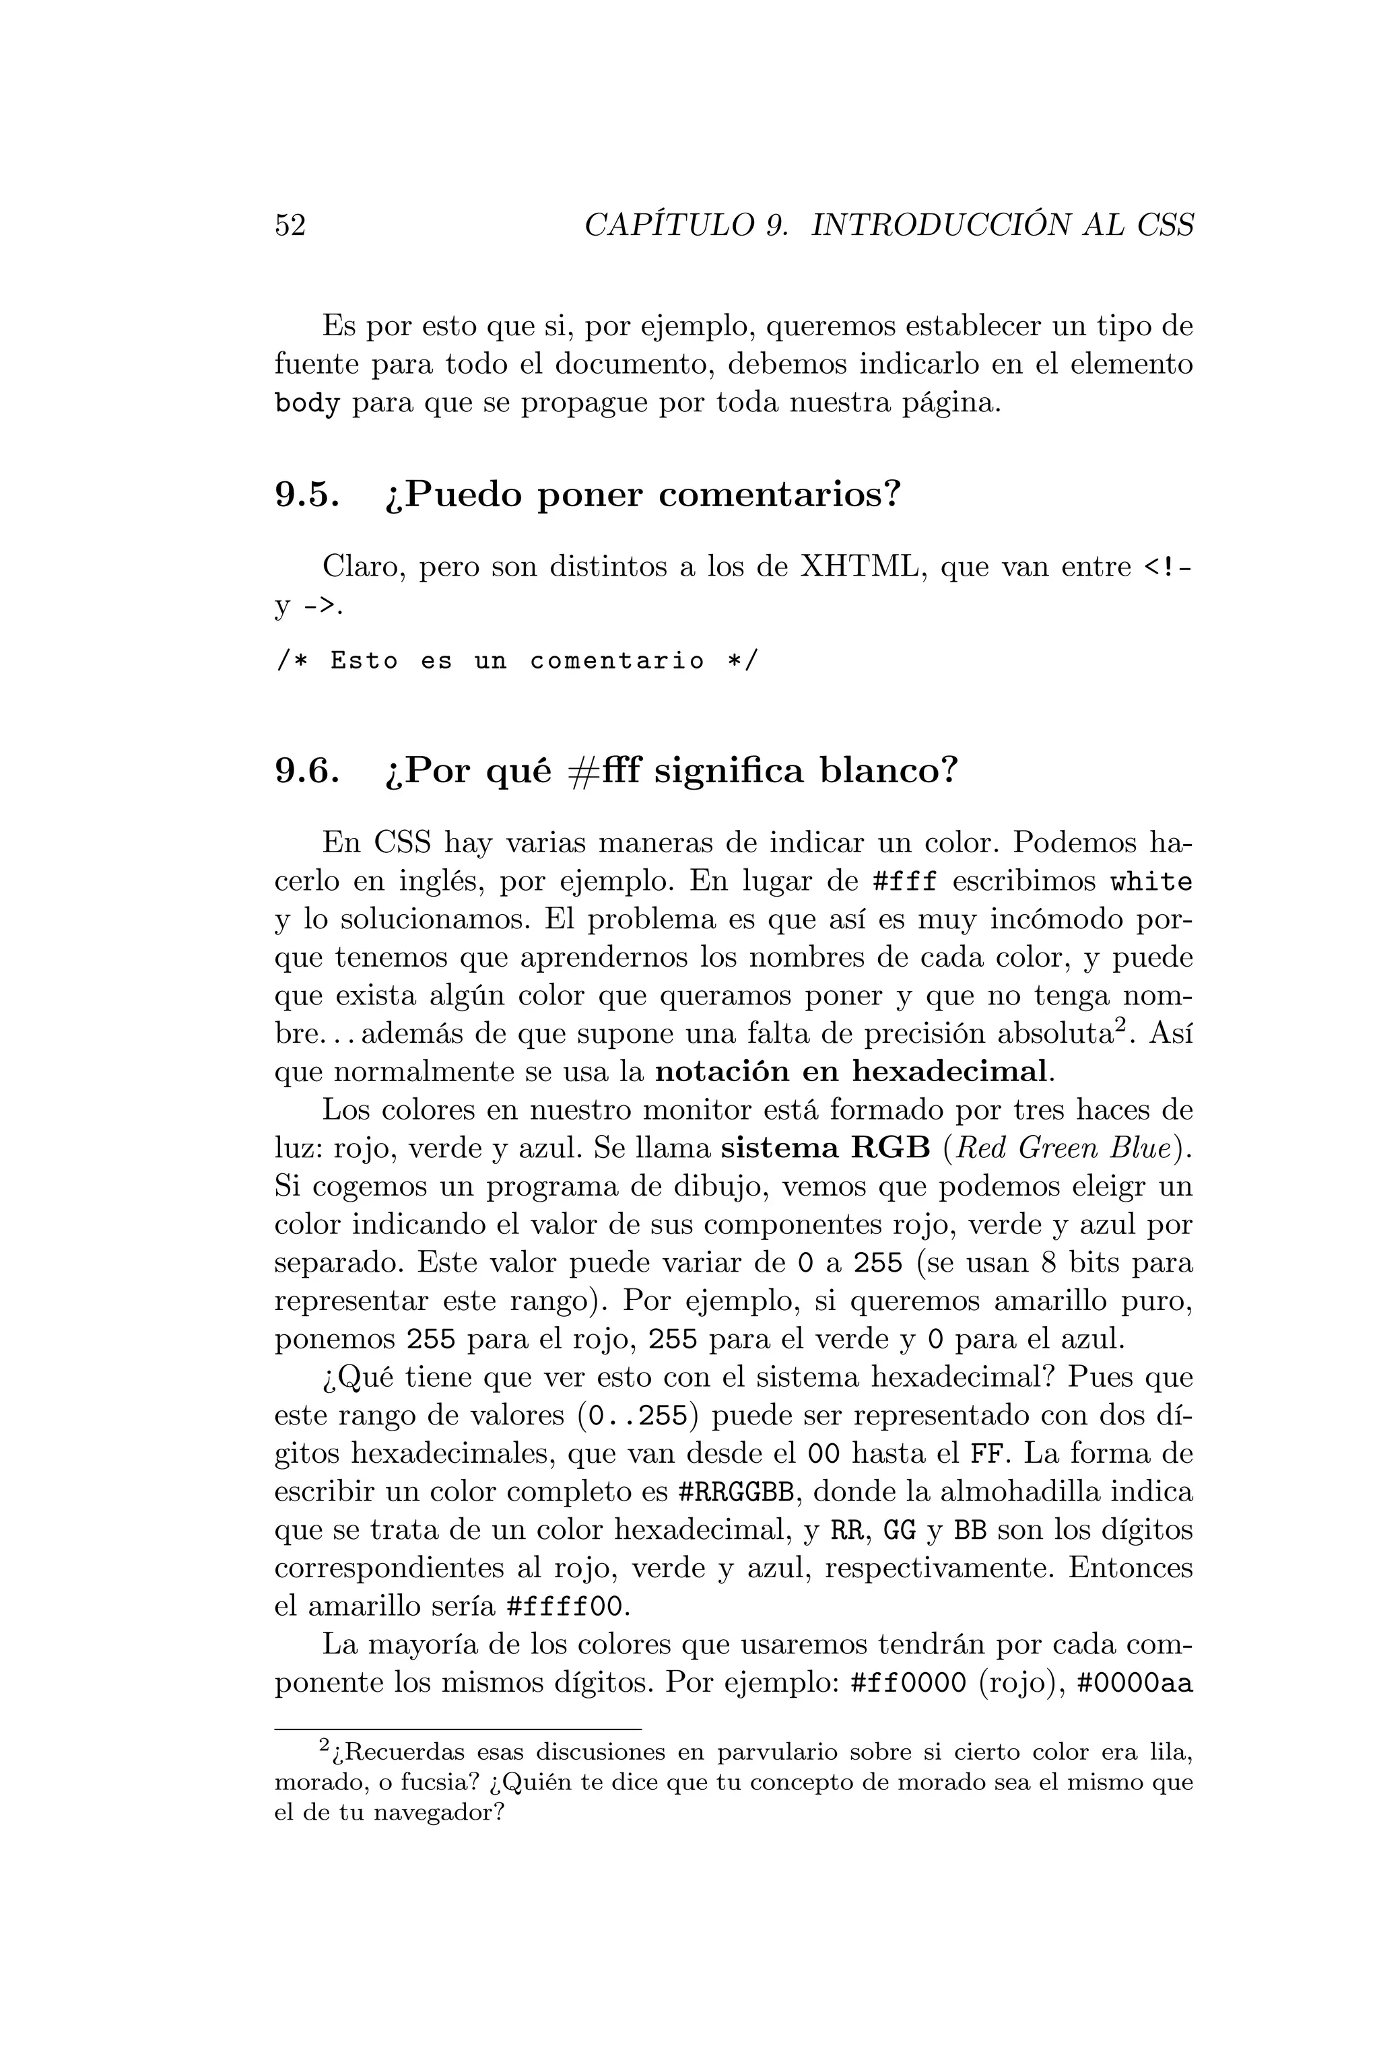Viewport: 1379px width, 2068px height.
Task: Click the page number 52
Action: click(290, 226)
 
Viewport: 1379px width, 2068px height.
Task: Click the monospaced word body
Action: click(307, 404)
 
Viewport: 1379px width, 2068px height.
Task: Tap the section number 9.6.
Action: click(307, 771)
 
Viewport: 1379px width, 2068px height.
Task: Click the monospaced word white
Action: click(1151, 881)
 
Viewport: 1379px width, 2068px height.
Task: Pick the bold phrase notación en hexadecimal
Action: click(853, 1072)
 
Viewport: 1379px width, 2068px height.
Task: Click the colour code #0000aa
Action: click(1135, 1684)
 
